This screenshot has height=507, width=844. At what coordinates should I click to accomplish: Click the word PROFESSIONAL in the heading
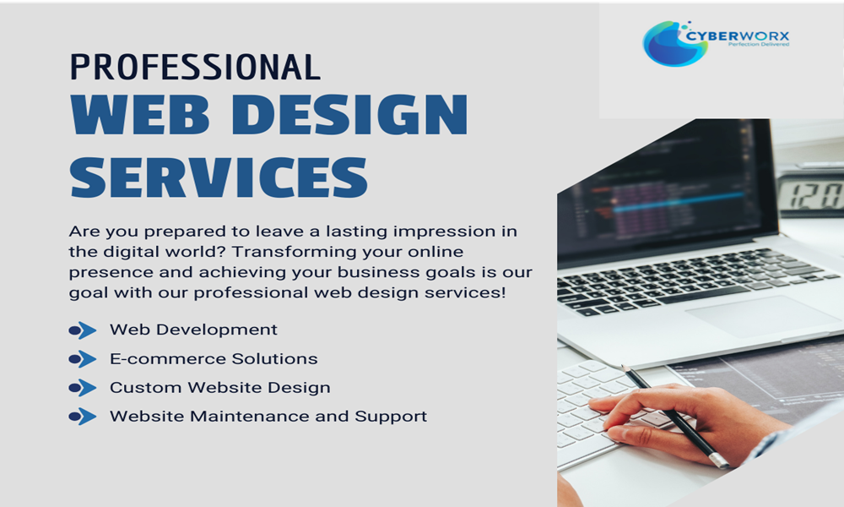click(x=195, y=67)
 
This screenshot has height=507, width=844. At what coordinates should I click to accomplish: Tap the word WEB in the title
click(x=140, y=114)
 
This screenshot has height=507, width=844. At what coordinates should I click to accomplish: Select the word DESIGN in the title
click(x=350, y=114)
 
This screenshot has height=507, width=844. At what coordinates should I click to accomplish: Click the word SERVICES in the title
click(x=219, y=177)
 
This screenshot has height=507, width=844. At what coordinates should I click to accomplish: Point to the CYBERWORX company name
click(x=738, y=36)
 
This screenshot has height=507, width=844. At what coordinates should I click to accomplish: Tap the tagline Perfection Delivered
click(x=759, y=45)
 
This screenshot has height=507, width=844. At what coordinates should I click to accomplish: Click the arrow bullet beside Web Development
click(x=83, y=330)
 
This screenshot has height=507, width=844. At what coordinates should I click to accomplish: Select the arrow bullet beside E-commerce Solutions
click(x=83, y=359)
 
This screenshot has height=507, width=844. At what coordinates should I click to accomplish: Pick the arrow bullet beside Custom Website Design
click(x=83, y=388)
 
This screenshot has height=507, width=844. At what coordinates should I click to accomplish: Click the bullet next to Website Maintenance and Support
click(x=83, y=417)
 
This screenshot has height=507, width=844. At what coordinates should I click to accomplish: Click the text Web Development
click(x=194, y=330)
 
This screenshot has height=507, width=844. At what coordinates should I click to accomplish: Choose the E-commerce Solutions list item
click(x=214, y=359)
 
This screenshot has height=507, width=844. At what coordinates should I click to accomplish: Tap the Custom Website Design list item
click(x=220, y=388)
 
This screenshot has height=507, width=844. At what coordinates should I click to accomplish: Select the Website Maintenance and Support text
click(x=268, y=417)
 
